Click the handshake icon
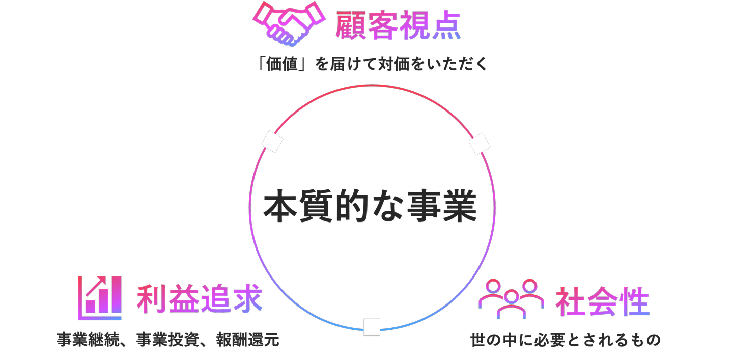[x=289, y=23]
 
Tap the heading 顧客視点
[x=398, y=25]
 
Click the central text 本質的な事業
[x=370, y=206]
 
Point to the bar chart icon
[x=99, y=298]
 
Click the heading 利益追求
[x=200, y=298]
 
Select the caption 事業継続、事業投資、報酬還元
[x=168, y=340]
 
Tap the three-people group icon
[x=511, y=298]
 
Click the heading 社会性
[x=603, y=301]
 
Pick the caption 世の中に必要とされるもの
[x=566, y=340]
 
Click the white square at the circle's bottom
[x=372, y=326]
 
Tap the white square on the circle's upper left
[x=272, y=142]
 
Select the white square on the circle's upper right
[x=480, y=144]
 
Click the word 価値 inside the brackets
[x=282, y=64]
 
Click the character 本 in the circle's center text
[x=280, y=206]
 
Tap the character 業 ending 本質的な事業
[x=460, y=206]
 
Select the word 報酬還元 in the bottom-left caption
[x=248, y=340]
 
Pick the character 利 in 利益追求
[x=152, y=298]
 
